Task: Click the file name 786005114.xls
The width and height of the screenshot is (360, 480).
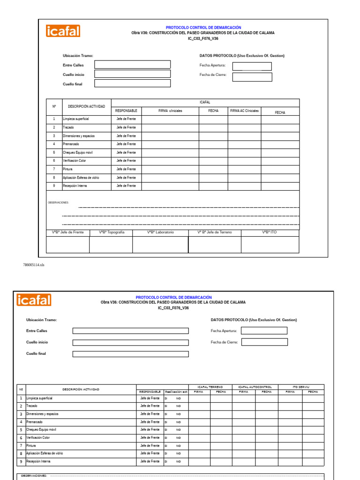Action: [33, 265]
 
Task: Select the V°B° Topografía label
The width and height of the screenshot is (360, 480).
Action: [112, 232]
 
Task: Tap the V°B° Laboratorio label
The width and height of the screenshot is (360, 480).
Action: [160, 232]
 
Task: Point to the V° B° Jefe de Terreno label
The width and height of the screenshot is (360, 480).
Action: [215, 232]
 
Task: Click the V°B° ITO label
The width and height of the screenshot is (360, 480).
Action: [270, 232]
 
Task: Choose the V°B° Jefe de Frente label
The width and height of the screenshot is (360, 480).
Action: [67, 232]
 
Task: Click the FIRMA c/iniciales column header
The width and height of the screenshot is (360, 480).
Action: [170, 111]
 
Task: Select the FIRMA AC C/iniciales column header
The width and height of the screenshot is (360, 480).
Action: [244, 111]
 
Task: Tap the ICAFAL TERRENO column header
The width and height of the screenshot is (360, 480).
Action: [210, 387]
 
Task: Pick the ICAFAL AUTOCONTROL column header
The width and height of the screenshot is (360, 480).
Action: [255, 387]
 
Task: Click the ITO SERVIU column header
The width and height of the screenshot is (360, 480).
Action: [301, 387]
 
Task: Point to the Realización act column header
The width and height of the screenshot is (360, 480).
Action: [176, 391]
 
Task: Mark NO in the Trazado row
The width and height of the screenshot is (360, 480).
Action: [178, 406]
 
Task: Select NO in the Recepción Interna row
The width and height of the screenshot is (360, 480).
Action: [178, 462]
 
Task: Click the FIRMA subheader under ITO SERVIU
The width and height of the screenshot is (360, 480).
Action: [290, 391]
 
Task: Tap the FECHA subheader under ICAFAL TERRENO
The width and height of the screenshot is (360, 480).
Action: [221, 391]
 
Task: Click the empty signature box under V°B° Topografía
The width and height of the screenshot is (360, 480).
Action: [111, 245]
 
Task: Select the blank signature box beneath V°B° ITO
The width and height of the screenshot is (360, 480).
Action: [270, 245]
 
